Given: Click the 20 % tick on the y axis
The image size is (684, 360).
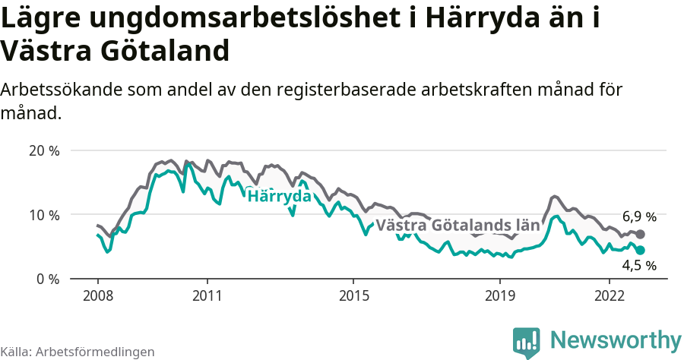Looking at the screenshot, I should point(44,150).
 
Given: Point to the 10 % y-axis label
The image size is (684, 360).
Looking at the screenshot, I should point(44,215).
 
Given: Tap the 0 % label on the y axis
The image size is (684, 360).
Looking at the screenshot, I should point(48,279).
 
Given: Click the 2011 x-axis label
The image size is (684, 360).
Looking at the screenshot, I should point(207,295).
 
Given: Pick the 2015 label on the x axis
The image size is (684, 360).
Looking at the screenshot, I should point(353,295).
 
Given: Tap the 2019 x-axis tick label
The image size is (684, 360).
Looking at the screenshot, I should point(500,295).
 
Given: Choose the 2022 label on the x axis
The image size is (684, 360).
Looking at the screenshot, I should point(610,295).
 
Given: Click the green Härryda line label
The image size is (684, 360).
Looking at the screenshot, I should point(280,196).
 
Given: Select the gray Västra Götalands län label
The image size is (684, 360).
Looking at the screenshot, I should point(458,225).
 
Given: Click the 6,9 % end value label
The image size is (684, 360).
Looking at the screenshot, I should point(639,216).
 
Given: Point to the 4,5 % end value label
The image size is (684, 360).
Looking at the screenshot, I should point(639,265).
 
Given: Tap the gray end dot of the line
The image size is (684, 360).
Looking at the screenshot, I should point(640,235).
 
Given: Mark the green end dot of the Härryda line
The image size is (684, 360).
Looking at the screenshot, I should point(640,250).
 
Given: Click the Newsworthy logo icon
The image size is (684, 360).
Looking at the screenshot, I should point(527,342).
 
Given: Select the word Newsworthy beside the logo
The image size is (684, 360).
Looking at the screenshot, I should point(616,339).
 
